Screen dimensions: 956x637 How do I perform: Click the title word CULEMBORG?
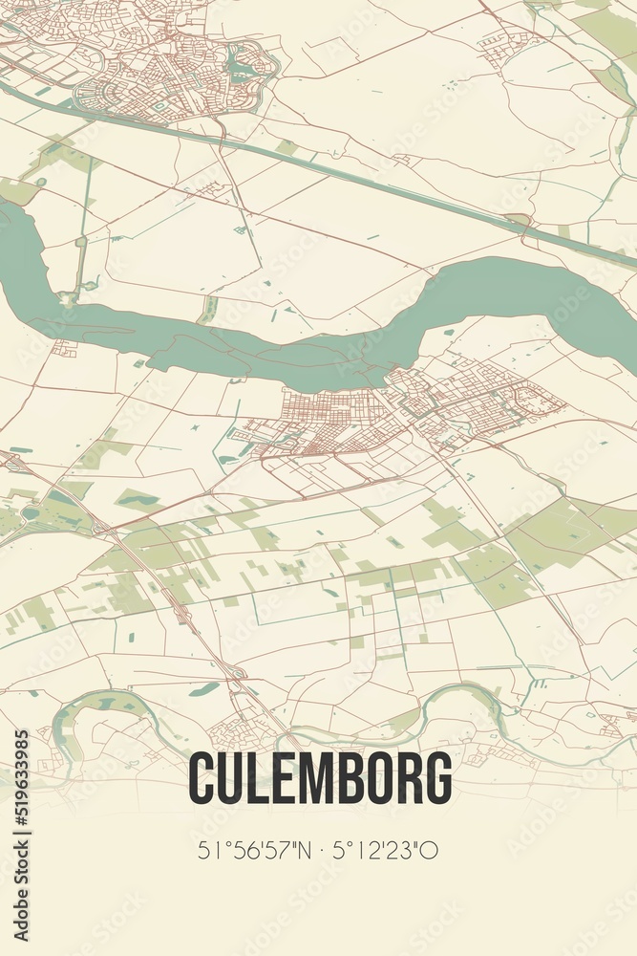coord(320,779)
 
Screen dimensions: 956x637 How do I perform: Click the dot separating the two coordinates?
coord(323,849)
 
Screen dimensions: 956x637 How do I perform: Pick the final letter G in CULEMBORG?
coord(438,779)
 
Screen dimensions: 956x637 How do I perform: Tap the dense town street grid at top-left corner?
coord(143,67)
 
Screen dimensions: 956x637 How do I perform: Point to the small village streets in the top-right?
coord(506,43)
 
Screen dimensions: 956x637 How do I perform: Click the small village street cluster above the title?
coord(234,731)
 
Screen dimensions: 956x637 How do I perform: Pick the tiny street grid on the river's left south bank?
coord(65,349)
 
